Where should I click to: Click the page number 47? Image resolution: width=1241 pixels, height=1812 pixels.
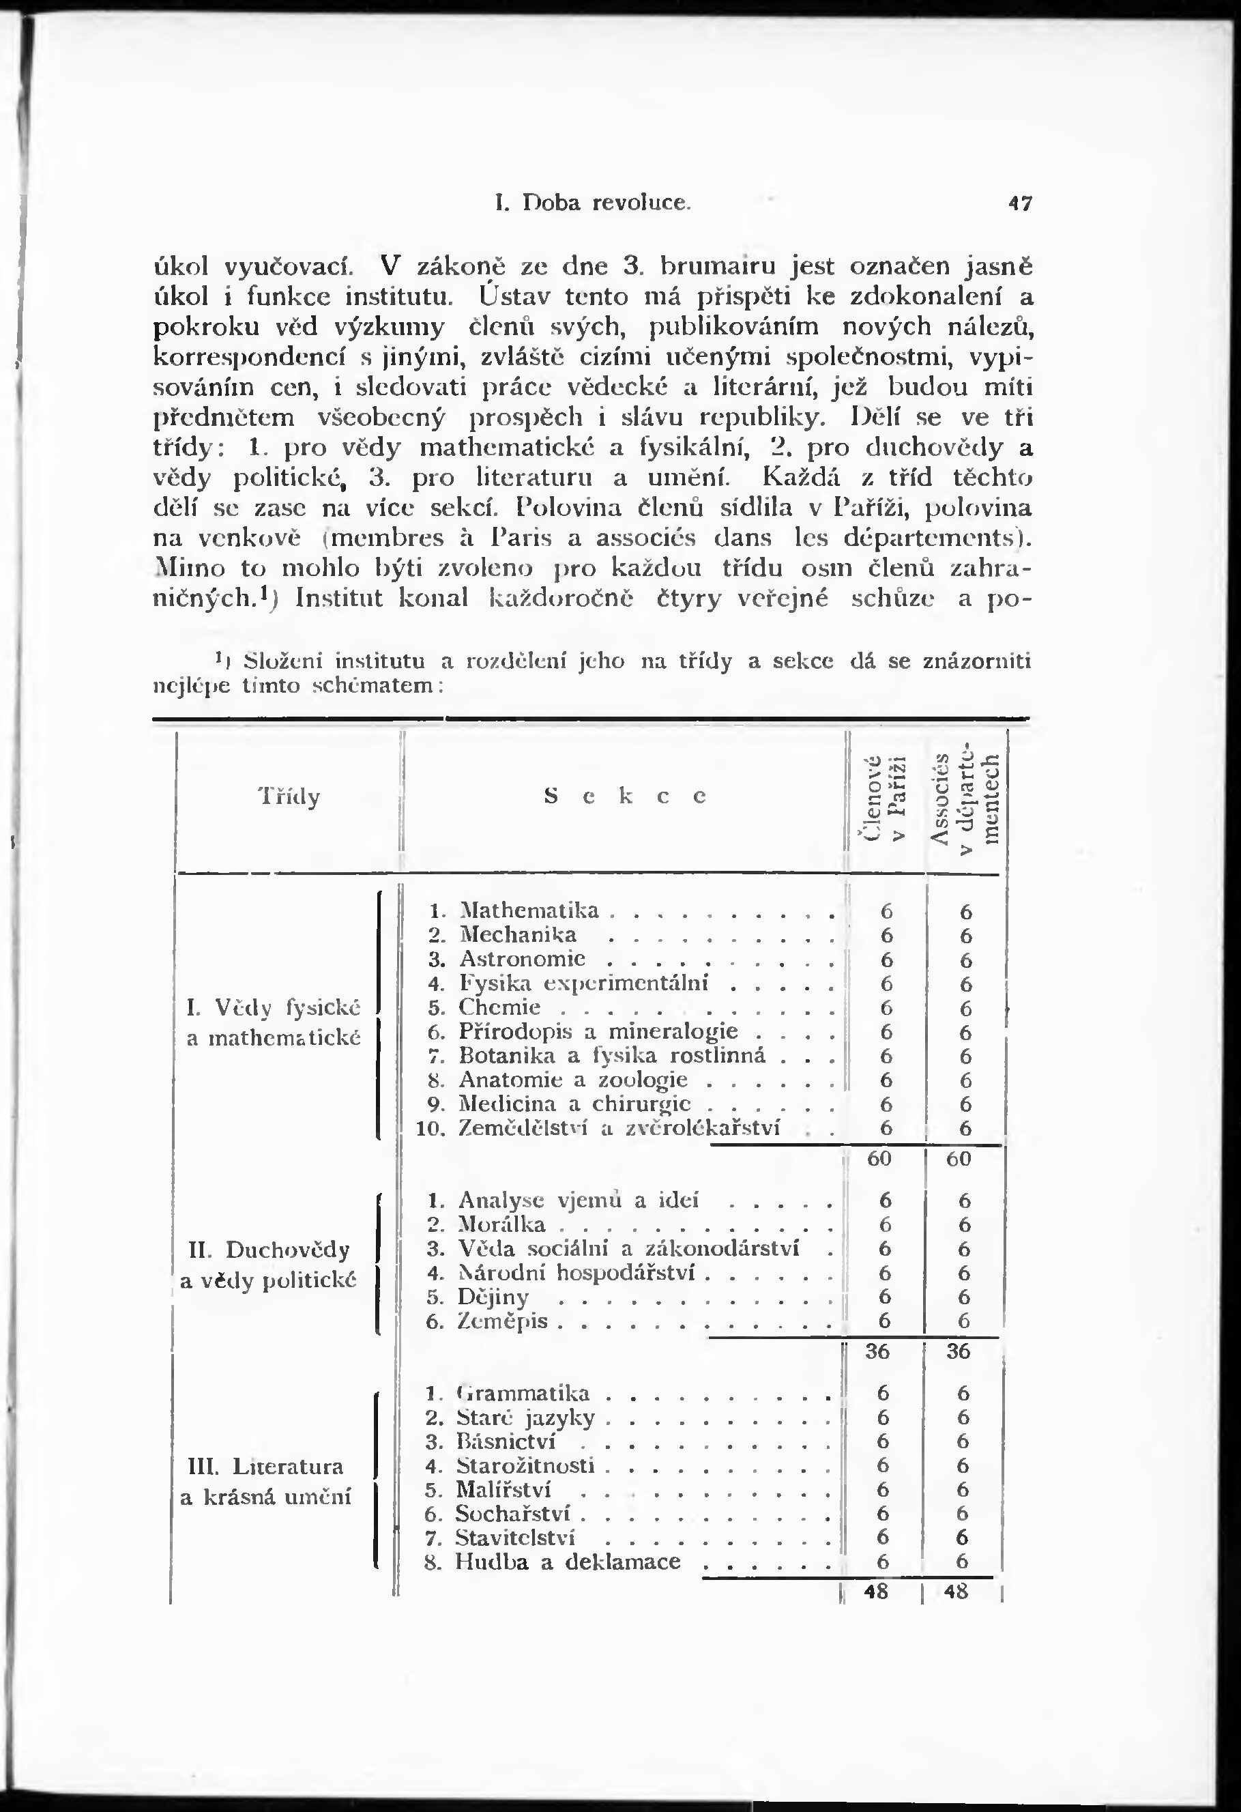(1020, 203)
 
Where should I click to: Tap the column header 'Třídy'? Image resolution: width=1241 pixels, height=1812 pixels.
(289, 797)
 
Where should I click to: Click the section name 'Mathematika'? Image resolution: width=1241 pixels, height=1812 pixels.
(529, 910)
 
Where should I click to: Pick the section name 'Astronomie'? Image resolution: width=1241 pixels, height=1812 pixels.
(523, 958)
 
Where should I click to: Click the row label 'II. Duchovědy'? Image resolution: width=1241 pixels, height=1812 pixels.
(269, 1250)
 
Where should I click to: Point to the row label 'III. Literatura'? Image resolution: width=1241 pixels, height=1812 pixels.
(267, 1467)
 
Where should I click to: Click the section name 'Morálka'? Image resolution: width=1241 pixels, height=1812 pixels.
(502, 1225)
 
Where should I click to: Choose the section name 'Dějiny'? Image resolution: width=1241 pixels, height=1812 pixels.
(493, 1297)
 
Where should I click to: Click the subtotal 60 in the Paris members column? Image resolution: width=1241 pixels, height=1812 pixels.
(879, 1159)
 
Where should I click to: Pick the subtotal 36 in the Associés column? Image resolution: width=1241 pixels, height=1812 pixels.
(959, 1351)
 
